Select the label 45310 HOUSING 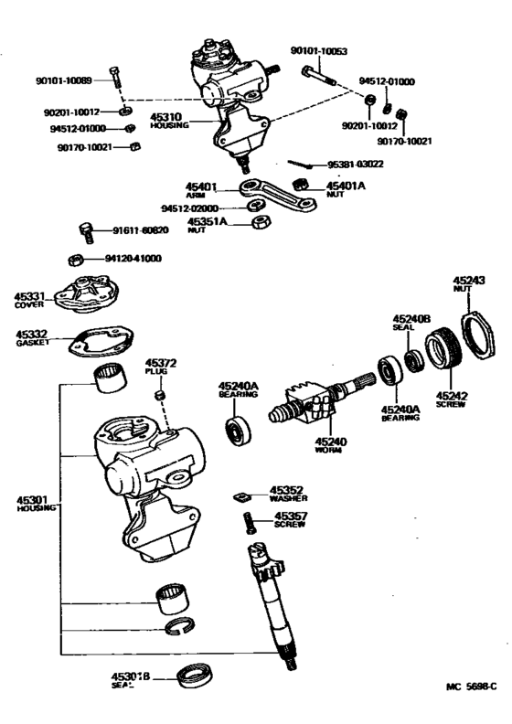point(169,120)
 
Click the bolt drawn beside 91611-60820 point(85,230)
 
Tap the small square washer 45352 point(242,497)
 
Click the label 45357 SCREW point(288,521)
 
